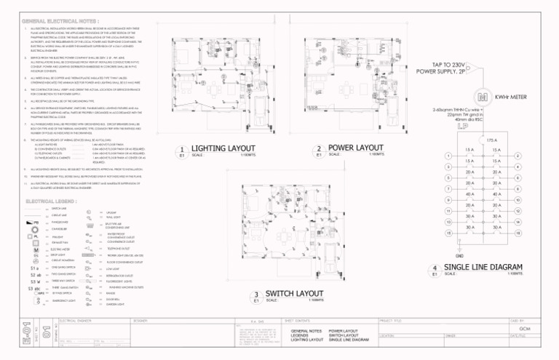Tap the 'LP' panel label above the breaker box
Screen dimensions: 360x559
482,126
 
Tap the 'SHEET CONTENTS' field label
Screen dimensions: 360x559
298,319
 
